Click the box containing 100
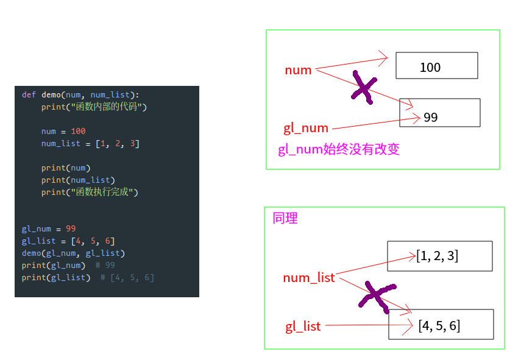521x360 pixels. coord(436,66)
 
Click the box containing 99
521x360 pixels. coord(440,113)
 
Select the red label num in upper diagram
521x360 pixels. coord(298,70)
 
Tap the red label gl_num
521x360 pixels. coord(306,128)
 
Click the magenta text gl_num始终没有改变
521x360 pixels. coord(339,149)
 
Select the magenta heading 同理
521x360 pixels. coord(285,218)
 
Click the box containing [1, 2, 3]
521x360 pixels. coord(439,256)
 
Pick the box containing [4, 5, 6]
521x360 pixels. coord(441,325)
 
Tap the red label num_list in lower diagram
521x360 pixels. coord(309,278)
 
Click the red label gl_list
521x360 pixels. coord(303,326)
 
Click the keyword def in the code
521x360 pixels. coord(29,95)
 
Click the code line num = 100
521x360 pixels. coord(63,132)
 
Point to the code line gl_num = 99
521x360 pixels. coord(49,229)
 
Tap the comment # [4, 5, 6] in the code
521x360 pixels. coord(127,278)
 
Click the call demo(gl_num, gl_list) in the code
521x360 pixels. coord(73,253)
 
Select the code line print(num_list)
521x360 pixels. coord(78,180)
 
